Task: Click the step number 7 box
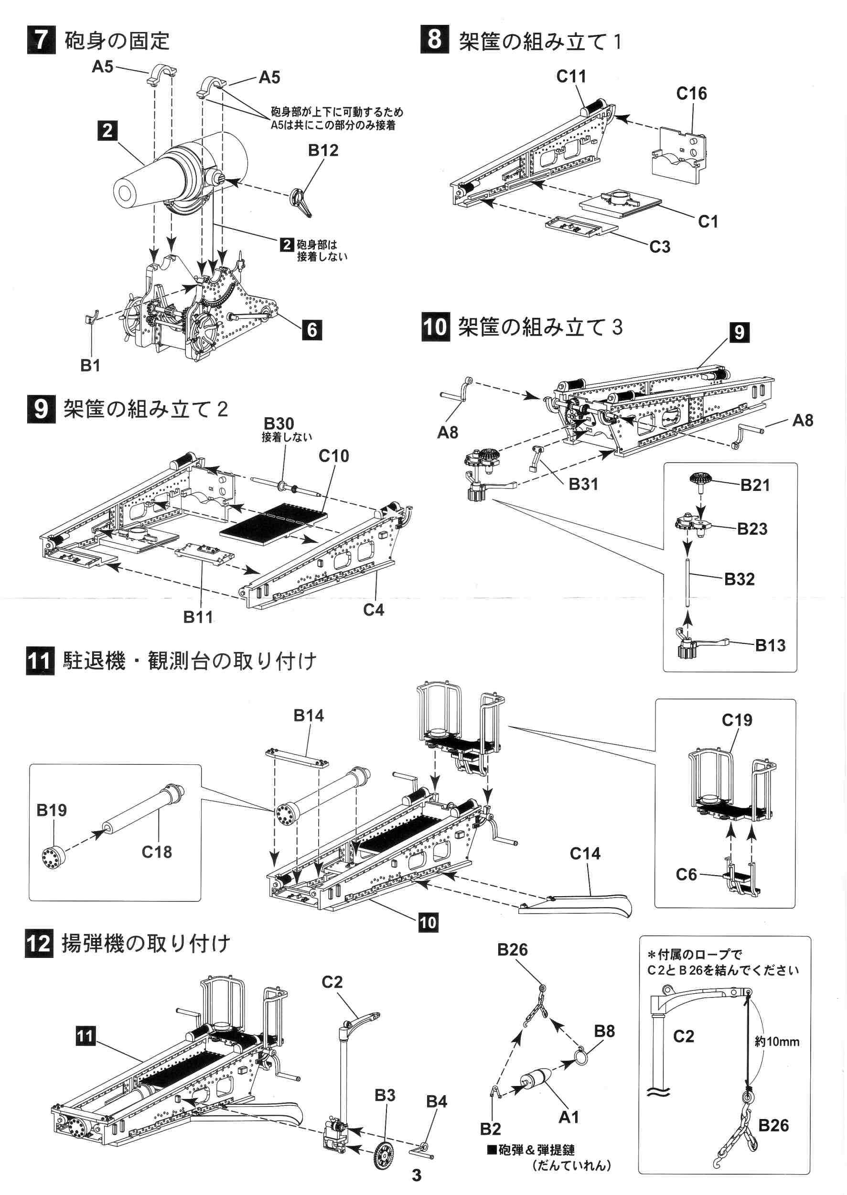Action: click(41, 40)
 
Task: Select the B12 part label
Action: click(323, 150)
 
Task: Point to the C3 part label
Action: click(659, 246)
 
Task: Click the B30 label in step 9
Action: click(279, 423)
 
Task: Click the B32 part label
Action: click(739, 579)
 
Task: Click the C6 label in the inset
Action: click(686, 874)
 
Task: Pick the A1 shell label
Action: click(568, 1117)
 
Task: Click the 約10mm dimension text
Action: click(777, 1042)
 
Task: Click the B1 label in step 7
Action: click(90, 365)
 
